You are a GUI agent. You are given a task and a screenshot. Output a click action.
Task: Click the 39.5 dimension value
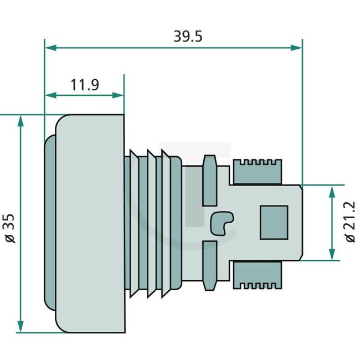pos(188,37)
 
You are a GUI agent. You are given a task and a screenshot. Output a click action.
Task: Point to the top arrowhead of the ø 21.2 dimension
pos(332,191)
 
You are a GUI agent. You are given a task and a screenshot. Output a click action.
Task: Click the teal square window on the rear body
pos(274,223)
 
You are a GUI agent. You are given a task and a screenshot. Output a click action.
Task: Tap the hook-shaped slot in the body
pos(221,223)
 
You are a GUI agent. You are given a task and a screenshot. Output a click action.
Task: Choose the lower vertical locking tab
pos(210,266)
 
